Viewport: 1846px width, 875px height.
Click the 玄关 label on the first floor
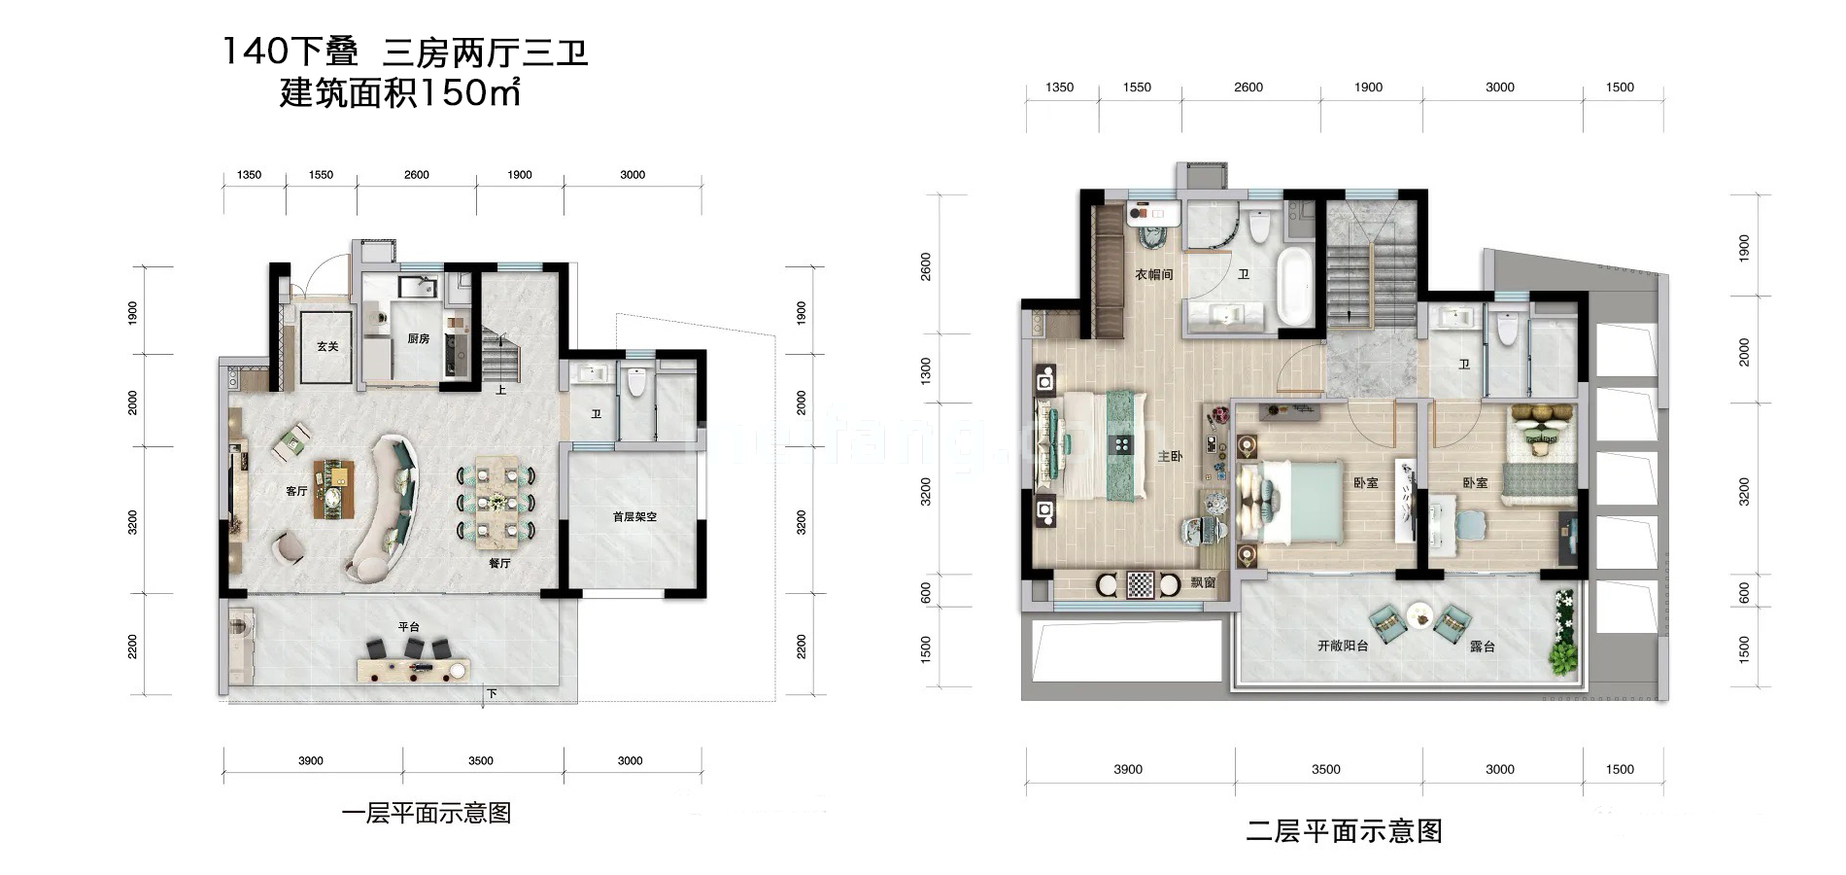click(x=327, y=346)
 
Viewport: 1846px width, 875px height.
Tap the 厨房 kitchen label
click(x=418, y=339)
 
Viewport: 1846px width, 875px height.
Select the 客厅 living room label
click(x=296, y=491)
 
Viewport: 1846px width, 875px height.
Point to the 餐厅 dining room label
click(x=499, y=563)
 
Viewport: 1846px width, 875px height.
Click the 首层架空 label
click(x=634, y=516)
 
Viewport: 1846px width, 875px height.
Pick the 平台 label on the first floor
click(x=408, y=627)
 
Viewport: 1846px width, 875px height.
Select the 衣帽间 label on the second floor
click(x=1154, y=275)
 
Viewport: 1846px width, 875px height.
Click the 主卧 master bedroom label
click(x=1170, y=456)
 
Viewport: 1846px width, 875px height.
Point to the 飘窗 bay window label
click(x=1203, y=582)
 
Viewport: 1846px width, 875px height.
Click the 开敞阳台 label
click(x=1343, y=646)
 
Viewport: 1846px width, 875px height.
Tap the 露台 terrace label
click(x=1482, y=646)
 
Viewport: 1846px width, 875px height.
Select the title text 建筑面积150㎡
click(x=399, y=93)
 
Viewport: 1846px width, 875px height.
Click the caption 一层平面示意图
click(x=426, y=813)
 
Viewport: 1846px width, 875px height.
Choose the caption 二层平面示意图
click(x=1344, y=831)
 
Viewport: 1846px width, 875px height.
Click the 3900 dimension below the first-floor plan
click(x=311, y=761)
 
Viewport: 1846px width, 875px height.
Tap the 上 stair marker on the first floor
click(x=500, y=390)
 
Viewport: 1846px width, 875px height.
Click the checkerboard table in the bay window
click(x=1140, y=584)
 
